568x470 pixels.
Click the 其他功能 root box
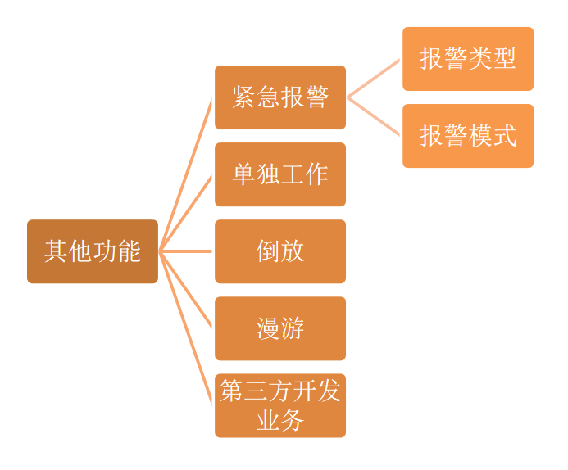click(92, 251)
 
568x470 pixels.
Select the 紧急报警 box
click(279, 97)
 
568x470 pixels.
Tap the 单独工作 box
click(279, 174)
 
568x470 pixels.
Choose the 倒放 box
click(279, 251)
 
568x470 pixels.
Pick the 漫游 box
click(279, 328)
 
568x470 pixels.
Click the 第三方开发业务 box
click(279, 405)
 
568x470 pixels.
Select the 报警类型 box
click(467, 59)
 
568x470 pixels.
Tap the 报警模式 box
click(467, 136)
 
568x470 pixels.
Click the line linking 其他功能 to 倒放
click(186, 251)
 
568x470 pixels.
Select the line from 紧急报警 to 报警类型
click(374, 78)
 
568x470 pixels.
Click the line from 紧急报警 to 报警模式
click(374, 116)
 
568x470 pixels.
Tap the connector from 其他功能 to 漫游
click(186, 290)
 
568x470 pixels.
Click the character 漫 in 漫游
click(268, 328)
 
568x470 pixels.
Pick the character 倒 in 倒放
click(268, 251)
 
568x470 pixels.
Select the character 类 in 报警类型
click(479, 59)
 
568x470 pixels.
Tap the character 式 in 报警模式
click(504, 136)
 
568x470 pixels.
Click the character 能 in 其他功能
click(129, 251)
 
